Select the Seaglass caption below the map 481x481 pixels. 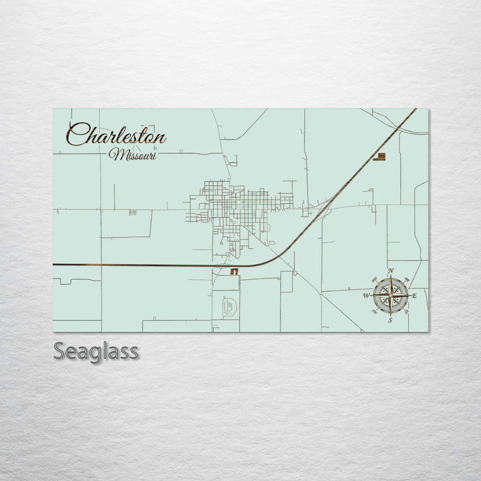[x=96, y=351]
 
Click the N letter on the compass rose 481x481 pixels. [x=391, y=271]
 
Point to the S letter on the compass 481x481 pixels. [x=390, y=320]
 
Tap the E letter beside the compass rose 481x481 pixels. [x=414, y=295]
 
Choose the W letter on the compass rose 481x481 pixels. [x=366, y=295]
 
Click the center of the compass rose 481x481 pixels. [x=391, y=295]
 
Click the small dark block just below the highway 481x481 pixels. [x=234, y=272]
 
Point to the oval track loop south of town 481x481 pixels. [x=228, y=307]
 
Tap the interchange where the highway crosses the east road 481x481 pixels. [x=329, y=202]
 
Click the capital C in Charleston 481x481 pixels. [x=77, y=135]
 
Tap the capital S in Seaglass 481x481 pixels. [x=59, y=351]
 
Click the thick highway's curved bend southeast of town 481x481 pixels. [x=281, y=255]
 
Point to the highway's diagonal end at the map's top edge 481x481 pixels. [x=414, y=111]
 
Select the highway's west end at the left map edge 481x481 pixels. [x=55, y=265]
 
